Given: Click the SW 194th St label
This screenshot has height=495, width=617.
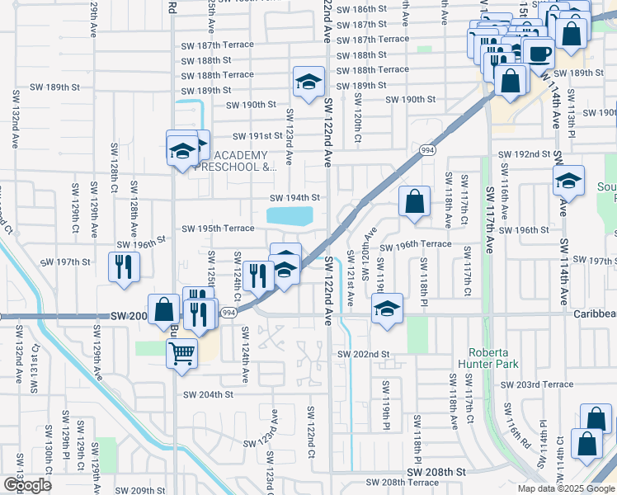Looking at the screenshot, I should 294,198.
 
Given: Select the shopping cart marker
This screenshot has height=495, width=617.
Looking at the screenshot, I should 182,355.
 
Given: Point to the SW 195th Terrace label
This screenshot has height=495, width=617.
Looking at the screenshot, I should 218,229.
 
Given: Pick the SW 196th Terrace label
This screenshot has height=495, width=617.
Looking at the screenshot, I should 416,244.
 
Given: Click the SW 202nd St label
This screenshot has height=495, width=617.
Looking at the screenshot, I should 363,354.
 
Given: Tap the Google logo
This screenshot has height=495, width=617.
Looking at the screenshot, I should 27,485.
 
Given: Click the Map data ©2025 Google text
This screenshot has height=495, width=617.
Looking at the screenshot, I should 565,488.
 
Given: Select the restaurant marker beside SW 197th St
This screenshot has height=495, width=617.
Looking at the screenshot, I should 125,266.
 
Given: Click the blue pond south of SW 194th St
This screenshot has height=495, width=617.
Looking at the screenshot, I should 290,216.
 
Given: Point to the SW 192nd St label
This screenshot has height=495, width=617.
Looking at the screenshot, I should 524,154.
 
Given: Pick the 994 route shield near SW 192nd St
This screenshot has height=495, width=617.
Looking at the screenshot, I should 427,150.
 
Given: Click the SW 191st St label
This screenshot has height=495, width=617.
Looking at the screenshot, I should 257,136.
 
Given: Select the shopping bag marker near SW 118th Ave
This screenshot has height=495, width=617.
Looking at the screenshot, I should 414,200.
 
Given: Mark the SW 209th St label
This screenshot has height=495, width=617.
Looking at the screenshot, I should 138,490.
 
